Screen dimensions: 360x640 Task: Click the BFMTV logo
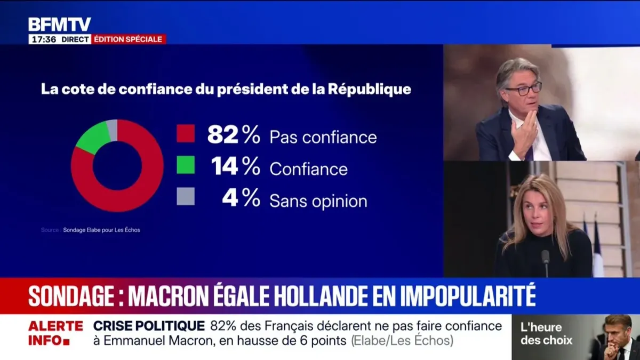[60, 24]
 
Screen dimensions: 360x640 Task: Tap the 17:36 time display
[43, 39]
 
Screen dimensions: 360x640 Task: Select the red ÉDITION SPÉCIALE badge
[129, 39]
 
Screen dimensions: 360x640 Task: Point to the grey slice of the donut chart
[112, 130]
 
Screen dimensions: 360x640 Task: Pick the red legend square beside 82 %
[186, 133]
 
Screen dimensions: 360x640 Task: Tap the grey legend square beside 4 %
[186, 197]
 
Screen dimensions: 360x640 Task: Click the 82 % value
[234, 136]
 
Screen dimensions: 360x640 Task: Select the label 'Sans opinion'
[318, 201]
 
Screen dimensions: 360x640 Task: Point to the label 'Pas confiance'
[323, 137]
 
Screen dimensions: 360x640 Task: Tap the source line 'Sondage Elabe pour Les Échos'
[101, 230]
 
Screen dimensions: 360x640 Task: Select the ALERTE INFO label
[55, 333]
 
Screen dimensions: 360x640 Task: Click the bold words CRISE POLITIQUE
[149, 326]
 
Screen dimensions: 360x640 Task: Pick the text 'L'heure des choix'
[547, 334]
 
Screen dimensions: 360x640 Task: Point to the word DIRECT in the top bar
[75, 39]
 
